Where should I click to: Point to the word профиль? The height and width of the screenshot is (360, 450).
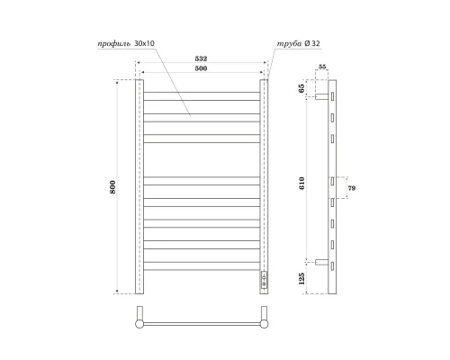112,43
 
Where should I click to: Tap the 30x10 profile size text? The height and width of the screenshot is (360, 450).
145,43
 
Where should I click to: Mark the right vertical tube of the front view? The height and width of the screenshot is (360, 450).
265,180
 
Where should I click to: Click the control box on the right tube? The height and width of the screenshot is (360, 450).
265,279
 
